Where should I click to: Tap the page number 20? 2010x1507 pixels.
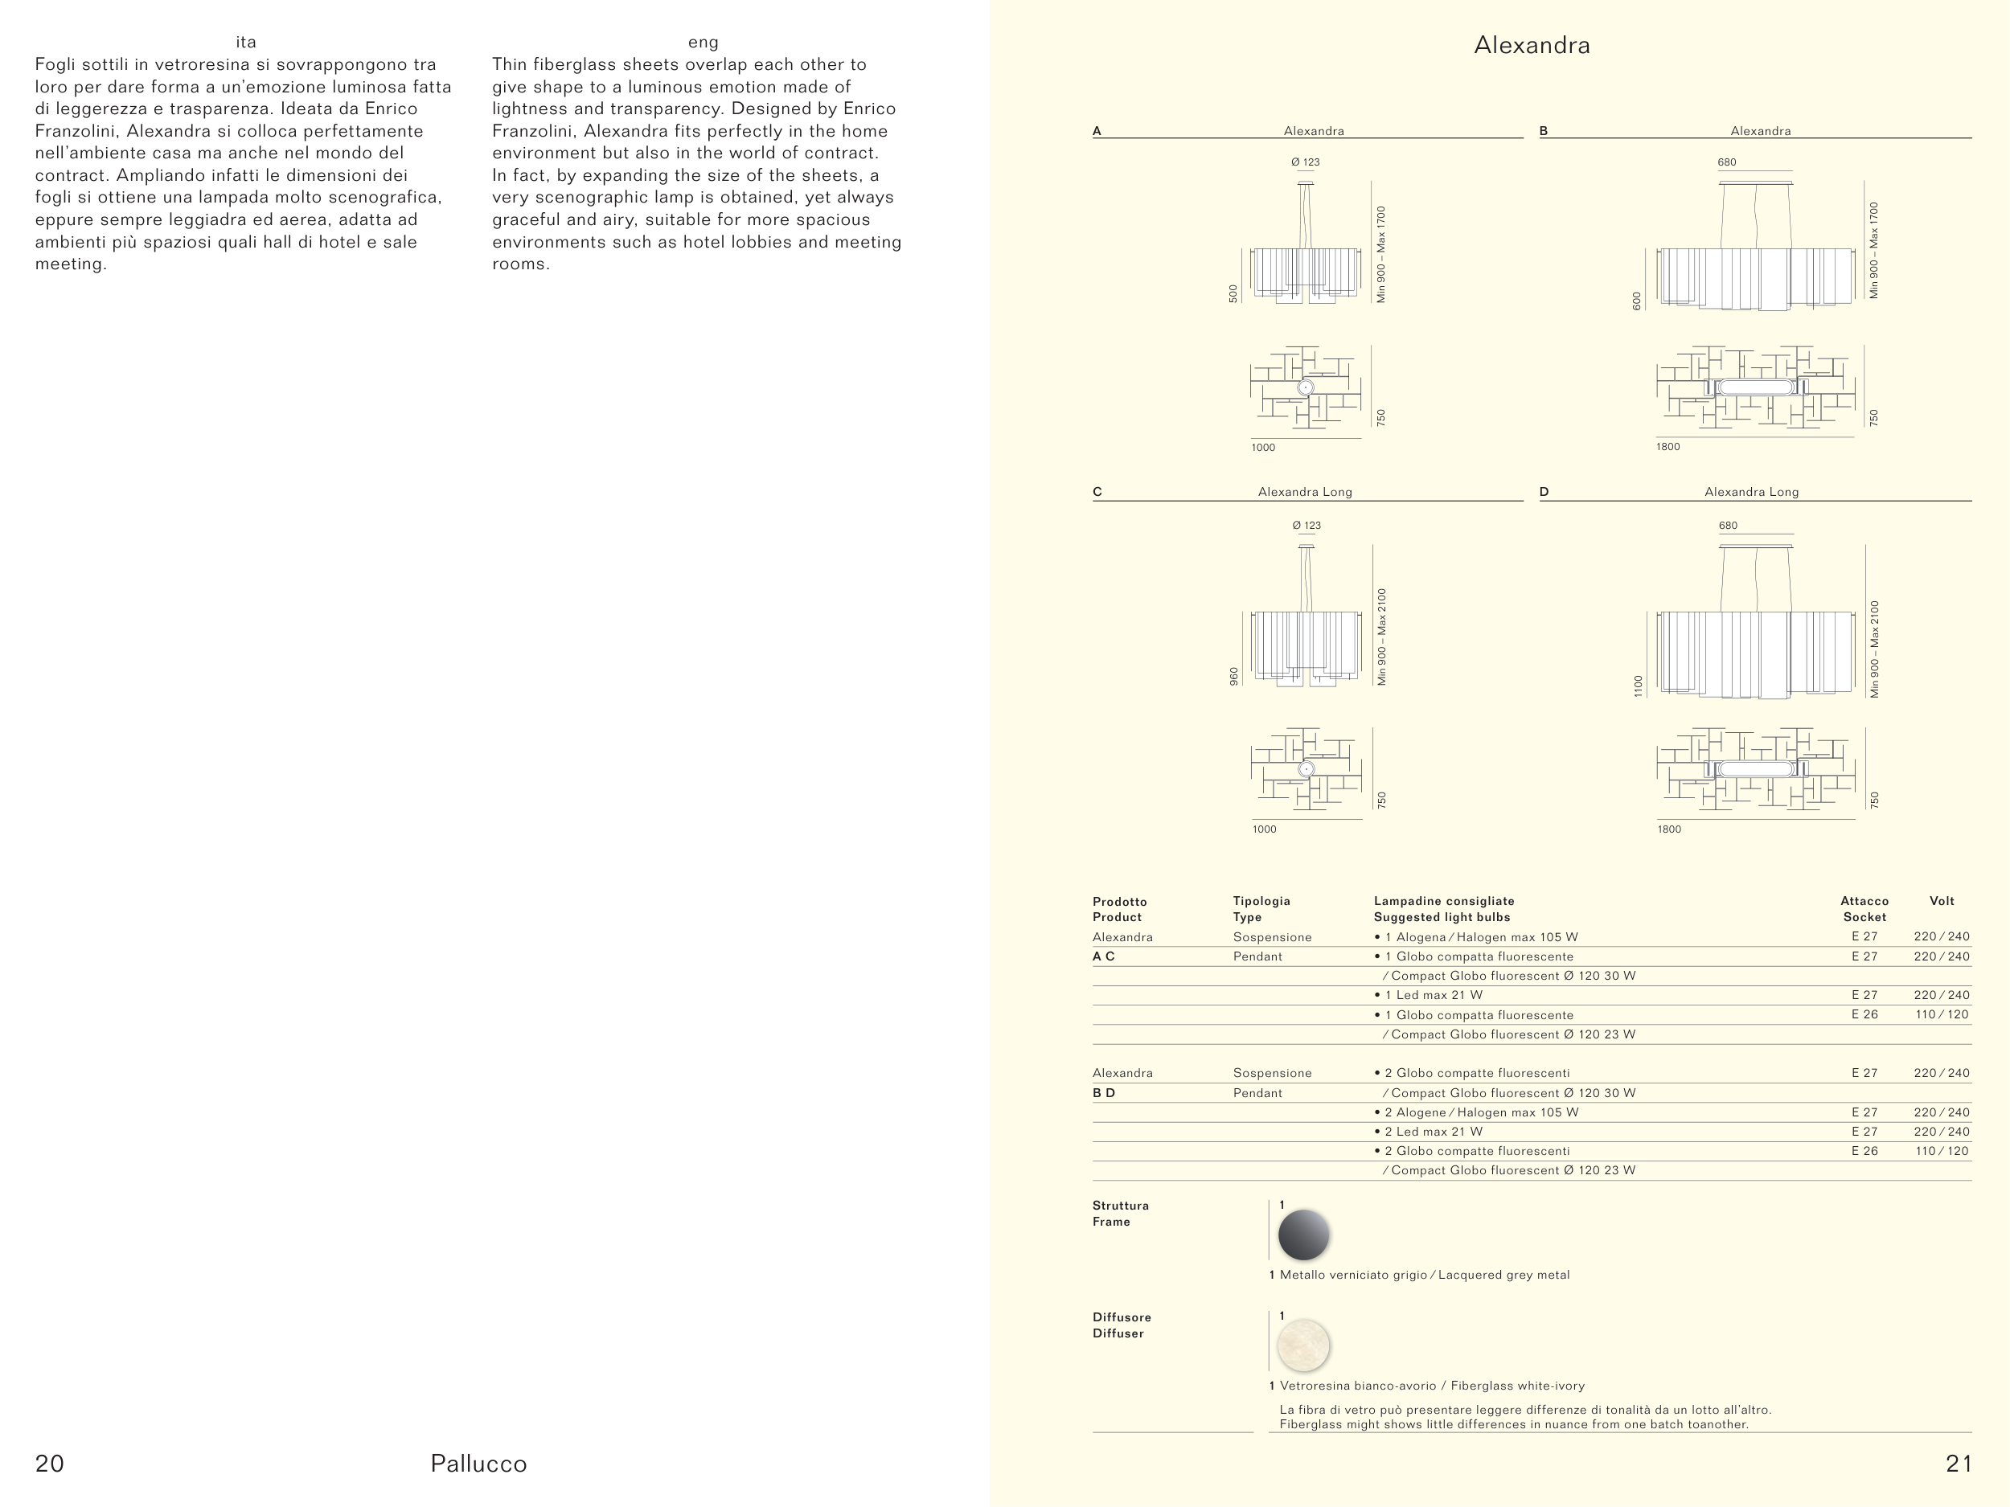(x=50, y=1464)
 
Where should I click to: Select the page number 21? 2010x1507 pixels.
(x=1959, y=1464)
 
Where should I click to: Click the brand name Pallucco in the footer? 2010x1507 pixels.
(x=479, y=1464)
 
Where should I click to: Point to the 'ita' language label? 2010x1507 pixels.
(x=245, y=42)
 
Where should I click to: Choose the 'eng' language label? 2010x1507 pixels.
(x=703, y=42)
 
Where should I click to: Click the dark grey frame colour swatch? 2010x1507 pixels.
(x=1303, y=1235)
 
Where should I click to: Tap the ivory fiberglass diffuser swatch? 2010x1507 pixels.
(x=1303, y=1345)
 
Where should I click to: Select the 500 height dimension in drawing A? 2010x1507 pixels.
(x=1233, y=293)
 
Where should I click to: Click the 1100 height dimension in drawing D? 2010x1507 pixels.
(x=1639, y=686)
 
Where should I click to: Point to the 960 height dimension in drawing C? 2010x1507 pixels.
(x=1234, y=677)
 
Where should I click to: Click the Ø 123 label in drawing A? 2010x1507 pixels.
(x=1305, y=162)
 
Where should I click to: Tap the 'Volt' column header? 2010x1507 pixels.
(x=1942, y=901)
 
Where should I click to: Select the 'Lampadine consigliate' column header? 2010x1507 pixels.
(x=1444, y=901)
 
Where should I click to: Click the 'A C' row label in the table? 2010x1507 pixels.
(x=1103, y=956)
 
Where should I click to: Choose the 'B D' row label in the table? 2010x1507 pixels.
(x=1103, y=1093)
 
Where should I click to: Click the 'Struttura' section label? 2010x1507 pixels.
(x=1121, y=1206)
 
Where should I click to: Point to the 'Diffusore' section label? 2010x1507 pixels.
(x=1122, y=1317)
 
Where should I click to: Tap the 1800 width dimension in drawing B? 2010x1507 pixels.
(x=1668, y=447)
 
